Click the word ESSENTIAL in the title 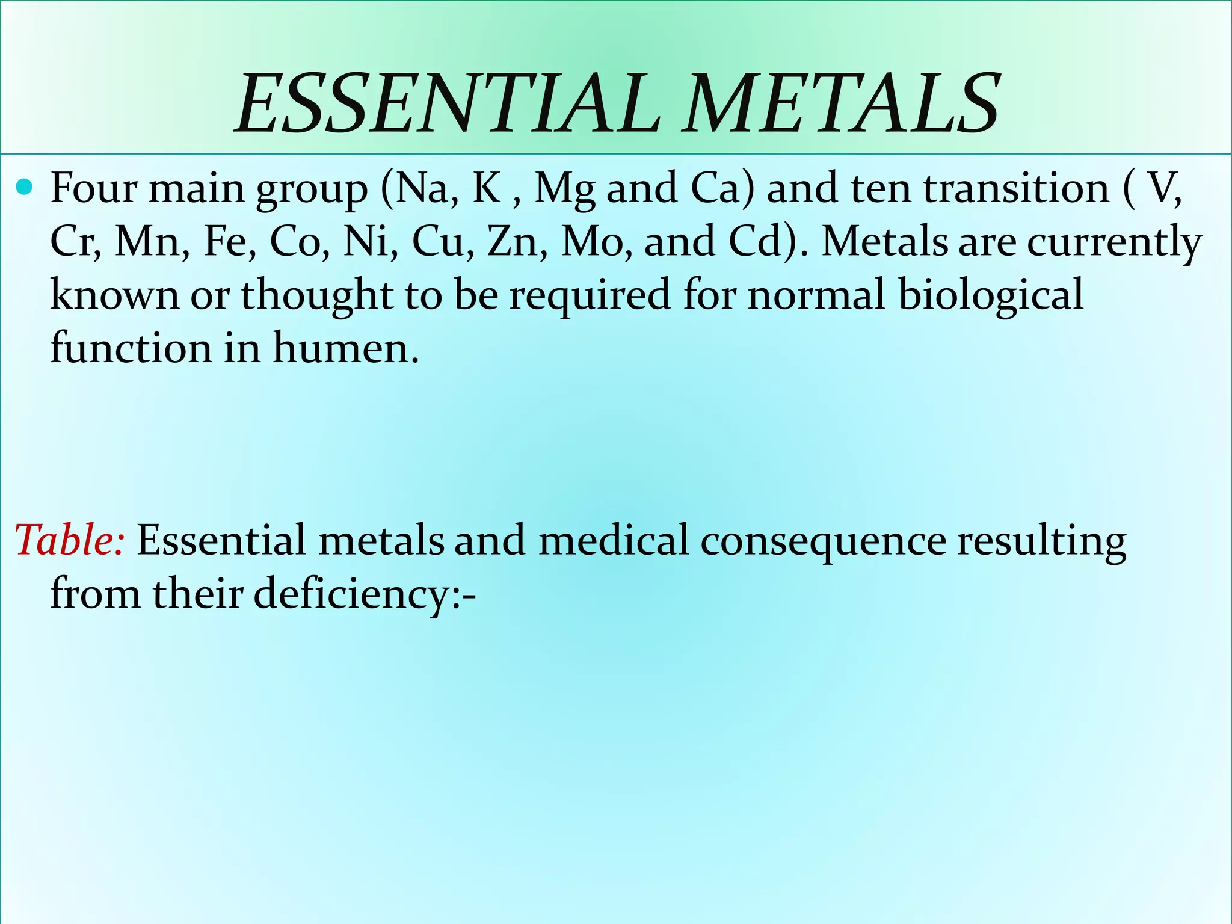pyautogui.click(x=448, y=103)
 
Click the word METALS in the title pyautogui.click(x=842, y=103)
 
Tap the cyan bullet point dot pyautogui.click(x=25, y=188)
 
